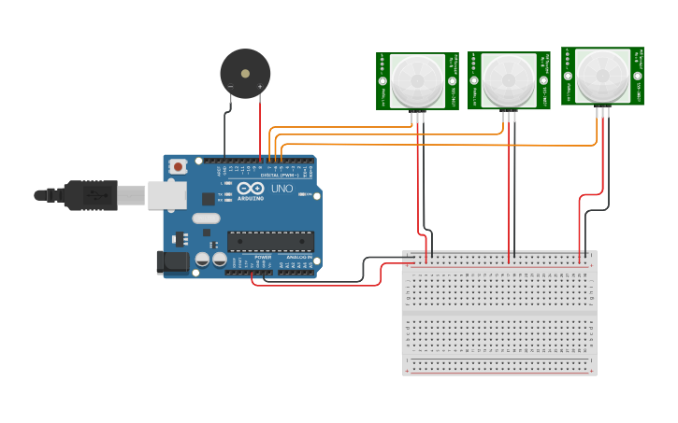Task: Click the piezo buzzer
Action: pos(245,74)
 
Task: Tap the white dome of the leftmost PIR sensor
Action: pos(417,79)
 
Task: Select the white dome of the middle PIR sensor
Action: pos(509,79)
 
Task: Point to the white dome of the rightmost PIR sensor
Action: pos(602,75)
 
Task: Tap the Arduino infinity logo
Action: pos(250,188)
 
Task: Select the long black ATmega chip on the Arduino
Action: pos(270,241)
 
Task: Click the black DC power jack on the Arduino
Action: pos(173,262)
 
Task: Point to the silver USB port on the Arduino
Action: pos(166,195)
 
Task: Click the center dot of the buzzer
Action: pos(245,73)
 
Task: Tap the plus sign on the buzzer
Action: pos(260,87)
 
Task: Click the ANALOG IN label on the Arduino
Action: pos(299,257)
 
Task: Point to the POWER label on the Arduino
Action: pos(263,257)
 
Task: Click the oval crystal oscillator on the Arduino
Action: pos(207,219)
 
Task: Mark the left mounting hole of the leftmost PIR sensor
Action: pos(383,81)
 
